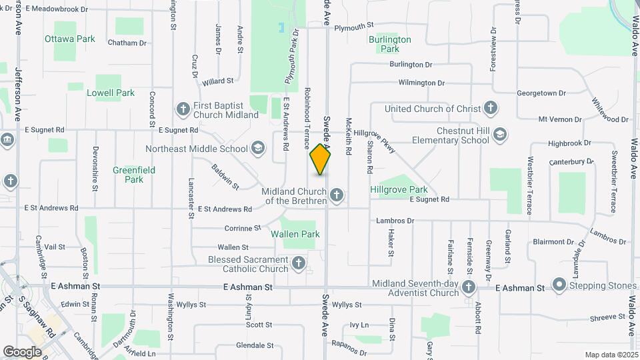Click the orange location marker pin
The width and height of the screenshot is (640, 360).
click(x=321, y=159)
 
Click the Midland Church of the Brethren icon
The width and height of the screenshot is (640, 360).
click(x=337, y=195)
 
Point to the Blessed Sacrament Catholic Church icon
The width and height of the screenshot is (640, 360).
click(x=299, y=263)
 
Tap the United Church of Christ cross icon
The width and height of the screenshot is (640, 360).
click(x=491, y=108)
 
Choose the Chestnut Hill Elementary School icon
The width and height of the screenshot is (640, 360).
click(x=499, y=135)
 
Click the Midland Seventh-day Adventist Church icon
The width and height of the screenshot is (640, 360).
click(x=469, y=287)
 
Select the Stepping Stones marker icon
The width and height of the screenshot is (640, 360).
click(x=559, y=286)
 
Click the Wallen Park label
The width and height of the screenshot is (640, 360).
click(x=295, y=234)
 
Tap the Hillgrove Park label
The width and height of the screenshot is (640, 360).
click(x=399, y=189)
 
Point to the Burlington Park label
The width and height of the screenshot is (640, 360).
click(x=390, y=44)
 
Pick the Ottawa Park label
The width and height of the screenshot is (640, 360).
click(x=70, y=39)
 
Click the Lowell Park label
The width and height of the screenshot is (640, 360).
click(x=111, y=93)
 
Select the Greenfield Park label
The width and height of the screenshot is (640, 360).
click(x=134, y=175)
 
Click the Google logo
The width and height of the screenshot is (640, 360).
click(x=23, y=351)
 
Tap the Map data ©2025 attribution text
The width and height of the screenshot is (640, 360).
click(x=611, y=355)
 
